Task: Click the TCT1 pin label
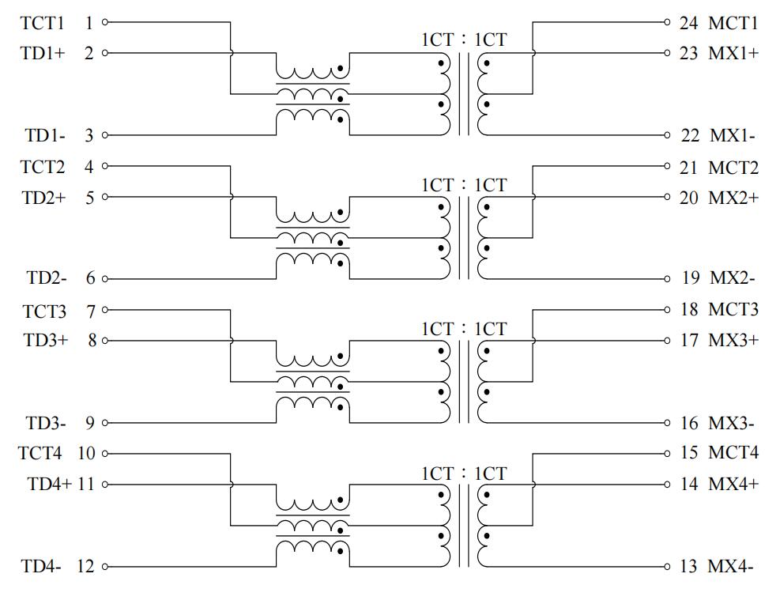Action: (x=43, y=23)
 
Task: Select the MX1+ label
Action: (x=733, y=53)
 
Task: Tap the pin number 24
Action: (x=689, y=23)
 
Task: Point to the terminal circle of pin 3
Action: (x=105, y=135)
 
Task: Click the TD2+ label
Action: (x=43, y=198)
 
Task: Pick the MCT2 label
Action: (x=733, y=168)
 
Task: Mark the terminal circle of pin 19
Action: (x=667, y=278)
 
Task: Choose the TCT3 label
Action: (x=43, y=311)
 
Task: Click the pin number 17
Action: (x=689, y=340)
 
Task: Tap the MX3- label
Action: (x=731, y=424)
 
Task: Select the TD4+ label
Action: (x=49, y=484)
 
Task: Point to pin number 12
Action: (x=85, y=566)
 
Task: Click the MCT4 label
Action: (x=733, y=452)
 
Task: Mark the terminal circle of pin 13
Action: (x=667, y=566)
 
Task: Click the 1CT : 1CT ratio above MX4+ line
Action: (x=464, y=474)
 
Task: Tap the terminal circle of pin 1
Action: (x=105, y=22)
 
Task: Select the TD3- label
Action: (x=45, y=424)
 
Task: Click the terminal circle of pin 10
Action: (x=105, y=454)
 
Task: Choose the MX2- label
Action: (x=733, y=277)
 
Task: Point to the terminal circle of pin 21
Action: (x=667, y=166)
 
